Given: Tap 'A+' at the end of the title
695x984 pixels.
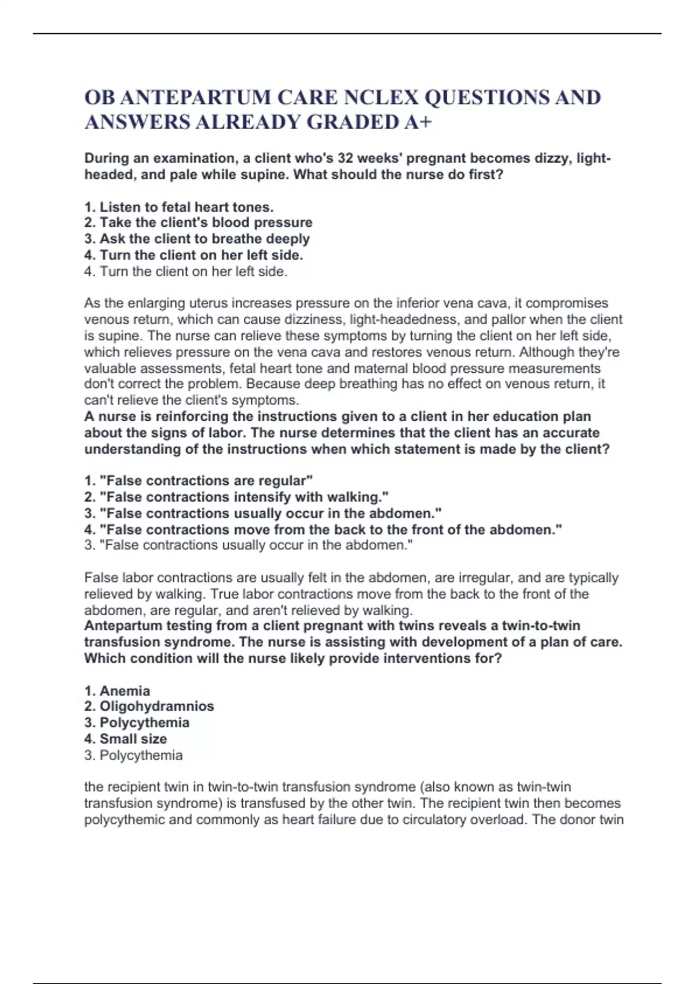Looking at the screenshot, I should tap(418, 122).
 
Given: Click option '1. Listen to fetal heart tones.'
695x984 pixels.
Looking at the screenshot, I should tap(179, 207).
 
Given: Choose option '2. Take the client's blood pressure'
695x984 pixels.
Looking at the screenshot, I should tap(198, 223).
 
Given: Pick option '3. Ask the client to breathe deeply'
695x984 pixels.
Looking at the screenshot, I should tap(197, 239).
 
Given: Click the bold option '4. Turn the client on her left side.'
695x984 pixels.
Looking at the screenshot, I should tap(193, 255).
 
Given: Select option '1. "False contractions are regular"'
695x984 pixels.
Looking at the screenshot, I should tap(198, 481).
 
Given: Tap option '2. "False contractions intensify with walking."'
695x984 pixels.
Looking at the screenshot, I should tap(236, 497).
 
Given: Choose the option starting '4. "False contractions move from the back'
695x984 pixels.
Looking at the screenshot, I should tap(323, 530).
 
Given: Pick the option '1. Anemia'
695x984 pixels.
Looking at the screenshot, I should tap(117, 691).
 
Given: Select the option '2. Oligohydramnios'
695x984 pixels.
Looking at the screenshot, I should tap(149, 706).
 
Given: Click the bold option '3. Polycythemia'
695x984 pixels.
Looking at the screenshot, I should tap(137, 723).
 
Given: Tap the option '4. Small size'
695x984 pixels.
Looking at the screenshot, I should tap(126, 739).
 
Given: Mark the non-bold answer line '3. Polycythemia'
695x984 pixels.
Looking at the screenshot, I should tap(133, 755).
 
